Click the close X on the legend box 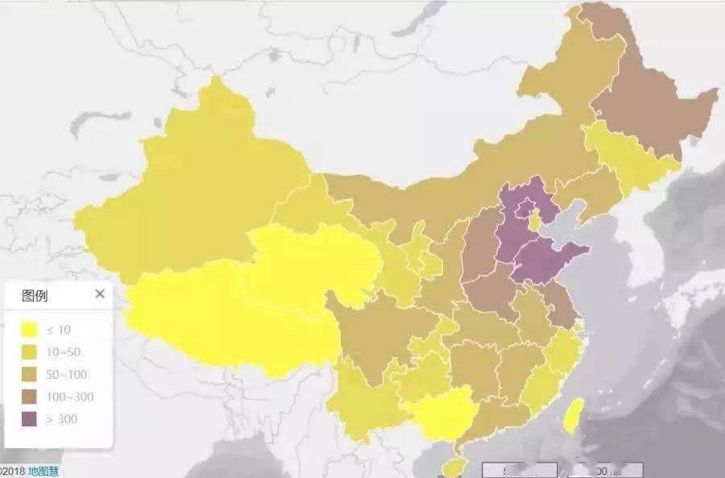[100, 294]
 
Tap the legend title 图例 [35, 296]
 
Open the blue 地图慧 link [43, 472]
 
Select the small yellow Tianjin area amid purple [534, 222]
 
